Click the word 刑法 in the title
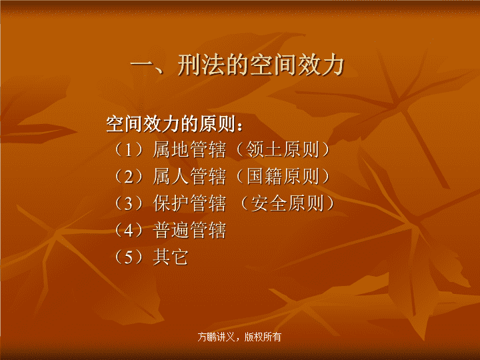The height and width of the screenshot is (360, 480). point(201,65)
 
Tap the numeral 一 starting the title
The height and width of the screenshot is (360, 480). point(142,65)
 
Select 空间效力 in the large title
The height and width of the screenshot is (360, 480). point(297,65)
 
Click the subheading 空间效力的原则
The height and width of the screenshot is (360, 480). point(171,124)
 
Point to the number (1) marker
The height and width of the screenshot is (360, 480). point(129,150)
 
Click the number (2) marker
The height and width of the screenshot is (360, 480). point(129,177)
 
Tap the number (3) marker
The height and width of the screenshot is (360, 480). point(129,203)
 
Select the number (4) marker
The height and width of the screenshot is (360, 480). point(129,230)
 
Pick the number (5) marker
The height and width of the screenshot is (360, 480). point(129,257)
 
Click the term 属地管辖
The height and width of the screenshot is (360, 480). point(189,150)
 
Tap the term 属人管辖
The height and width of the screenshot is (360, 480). point(189,177)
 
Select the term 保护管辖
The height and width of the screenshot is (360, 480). point(189,203)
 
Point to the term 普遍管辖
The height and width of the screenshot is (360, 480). point(189,230)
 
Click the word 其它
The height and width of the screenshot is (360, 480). point(171,257)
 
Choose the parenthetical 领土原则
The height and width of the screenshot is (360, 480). point(283,150)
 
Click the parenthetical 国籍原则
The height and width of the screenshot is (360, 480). point(283,177)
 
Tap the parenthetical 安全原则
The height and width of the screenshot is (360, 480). point(287,203)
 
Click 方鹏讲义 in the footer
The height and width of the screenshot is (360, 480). point(216,337)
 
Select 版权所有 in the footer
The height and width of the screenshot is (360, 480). point(263,337)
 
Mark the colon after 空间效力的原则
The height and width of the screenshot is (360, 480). point(239,126)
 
